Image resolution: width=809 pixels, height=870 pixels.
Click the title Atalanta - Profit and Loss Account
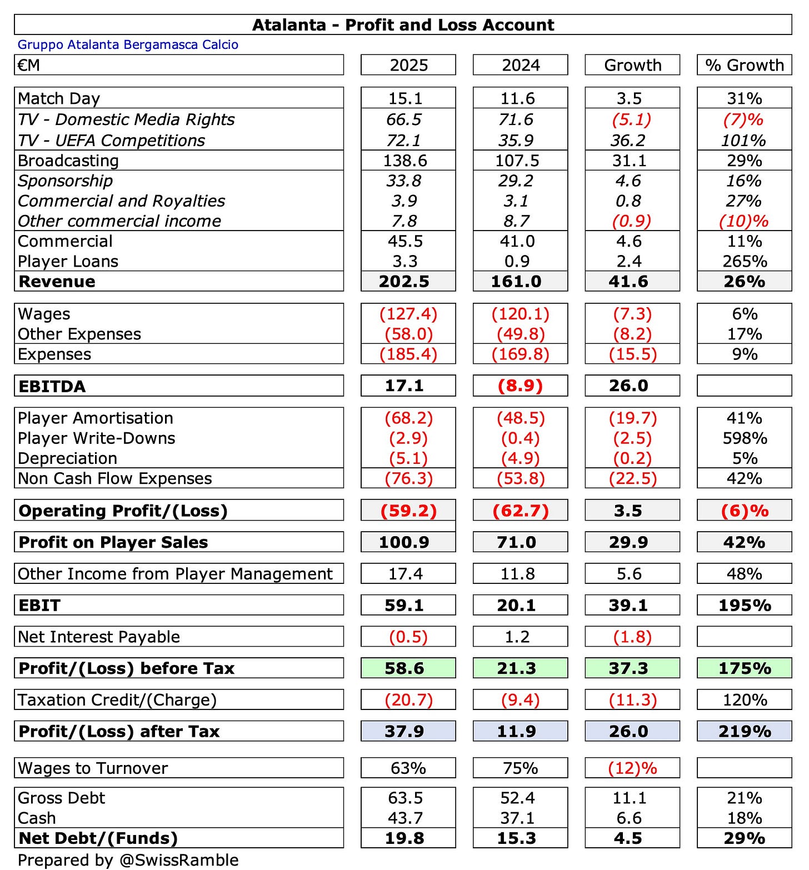tap(403, 25)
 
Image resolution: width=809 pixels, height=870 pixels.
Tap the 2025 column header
tap(408, 65)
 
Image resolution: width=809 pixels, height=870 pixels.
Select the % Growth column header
tap(744, 65)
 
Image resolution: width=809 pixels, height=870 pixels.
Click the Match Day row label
tap(59, 98)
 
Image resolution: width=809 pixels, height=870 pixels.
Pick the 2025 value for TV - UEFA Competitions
tap(404, 141)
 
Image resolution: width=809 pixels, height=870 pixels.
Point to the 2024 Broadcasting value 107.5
tap(517, 161)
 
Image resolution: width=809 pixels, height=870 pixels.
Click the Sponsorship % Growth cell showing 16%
tap(744, 181)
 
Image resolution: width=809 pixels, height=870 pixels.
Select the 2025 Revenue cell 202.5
tap(404, 281)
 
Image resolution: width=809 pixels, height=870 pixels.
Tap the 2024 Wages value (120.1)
tap(520, 314)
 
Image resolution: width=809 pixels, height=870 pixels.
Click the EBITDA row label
tap(52, 386)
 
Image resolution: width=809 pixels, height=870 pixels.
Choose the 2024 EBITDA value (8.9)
tap(520, 386)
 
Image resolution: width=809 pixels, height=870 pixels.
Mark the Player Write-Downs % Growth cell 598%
tap(745, 438)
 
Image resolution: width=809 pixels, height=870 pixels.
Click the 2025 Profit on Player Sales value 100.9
tap(404, 542)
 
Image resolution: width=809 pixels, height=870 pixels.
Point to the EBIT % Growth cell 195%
tap(745, 605)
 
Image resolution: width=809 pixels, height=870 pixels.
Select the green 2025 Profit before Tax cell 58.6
tap(404, 668)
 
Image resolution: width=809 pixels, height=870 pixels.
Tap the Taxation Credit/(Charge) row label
tap(117, 699)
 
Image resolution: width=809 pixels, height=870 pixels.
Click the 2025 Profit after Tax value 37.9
tap(404, 731)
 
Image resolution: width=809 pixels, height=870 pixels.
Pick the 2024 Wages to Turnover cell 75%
tap(520, 768)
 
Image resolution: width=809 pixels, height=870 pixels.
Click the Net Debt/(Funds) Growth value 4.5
tap(628, 838)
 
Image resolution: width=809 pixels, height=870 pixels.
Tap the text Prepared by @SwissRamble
tap(128, 860)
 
